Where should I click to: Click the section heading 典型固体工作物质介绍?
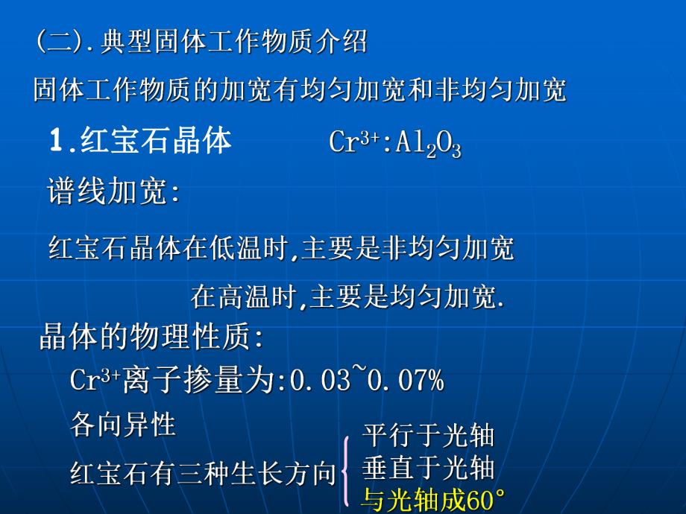coord(233,42)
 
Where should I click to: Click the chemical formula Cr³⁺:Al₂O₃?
coord(394,144)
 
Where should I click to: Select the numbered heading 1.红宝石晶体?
coord(140,142)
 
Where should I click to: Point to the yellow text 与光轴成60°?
coord(433,501)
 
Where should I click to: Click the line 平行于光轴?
coord(428,436)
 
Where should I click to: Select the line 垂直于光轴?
coord(428,468)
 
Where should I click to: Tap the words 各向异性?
coord(123,425)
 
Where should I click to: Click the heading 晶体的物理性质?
coord(151,338)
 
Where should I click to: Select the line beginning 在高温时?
coord(347,297)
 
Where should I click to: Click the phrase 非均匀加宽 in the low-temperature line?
coord(448,249)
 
